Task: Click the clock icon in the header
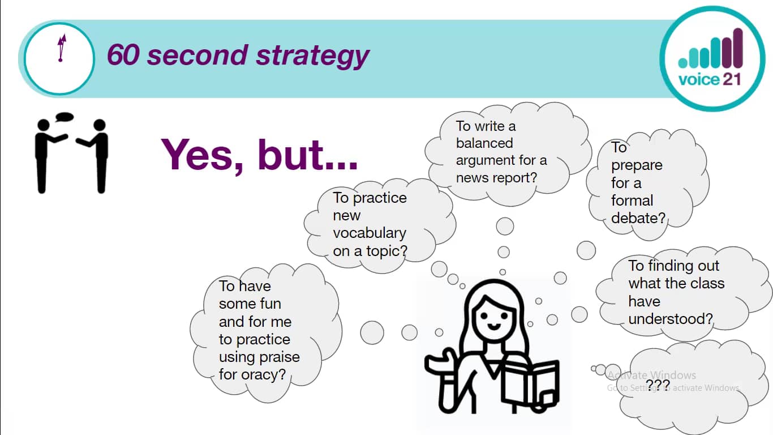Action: pos(59,58)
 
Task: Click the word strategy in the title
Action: pos(312,56)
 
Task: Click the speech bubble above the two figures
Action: pos(65,117)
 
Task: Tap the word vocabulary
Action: pos(369,233)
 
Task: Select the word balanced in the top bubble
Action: pos(484,143)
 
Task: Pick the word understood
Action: pos(670,319)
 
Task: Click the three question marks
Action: pos(658,386)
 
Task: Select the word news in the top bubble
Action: pos(471,177)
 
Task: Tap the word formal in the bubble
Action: pos(632,201)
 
